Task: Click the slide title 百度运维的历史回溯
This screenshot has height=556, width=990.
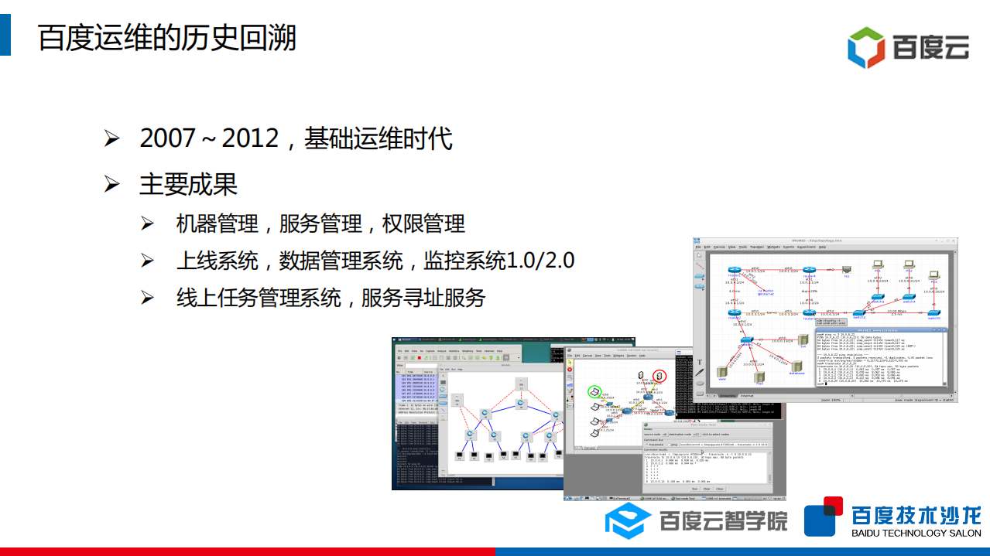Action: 167,37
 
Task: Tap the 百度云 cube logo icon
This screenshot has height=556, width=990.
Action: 865,47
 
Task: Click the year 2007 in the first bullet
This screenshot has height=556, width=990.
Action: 167,138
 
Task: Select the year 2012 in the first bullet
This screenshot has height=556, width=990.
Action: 250,138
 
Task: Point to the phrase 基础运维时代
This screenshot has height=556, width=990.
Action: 379,138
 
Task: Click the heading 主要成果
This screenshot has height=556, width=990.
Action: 188,184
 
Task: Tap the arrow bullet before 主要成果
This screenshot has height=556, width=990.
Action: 112,184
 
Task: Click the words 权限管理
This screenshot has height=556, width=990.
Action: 424,224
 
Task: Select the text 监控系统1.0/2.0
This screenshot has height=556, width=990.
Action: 499,261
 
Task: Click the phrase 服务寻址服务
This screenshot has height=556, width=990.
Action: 423,298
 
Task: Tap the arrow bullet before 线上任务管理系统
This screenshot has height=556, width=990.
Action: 147,298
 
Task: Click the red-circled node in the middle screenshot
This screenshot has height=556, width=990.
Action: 659,377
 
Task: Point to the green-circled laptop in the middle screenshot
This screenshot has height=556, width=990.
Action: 594,393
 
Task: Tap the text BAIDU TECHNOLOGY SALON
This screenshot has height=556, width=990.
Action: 916,534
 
